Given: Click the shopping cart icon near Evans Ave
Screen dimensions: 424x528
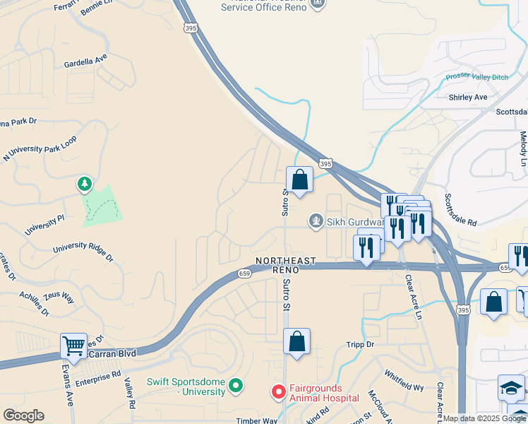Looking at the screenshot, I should pyautogui.click(x=73, y=346).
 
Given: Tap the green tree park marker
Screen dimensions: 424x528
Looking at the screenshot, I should pyautogui.click(x=85, y=184).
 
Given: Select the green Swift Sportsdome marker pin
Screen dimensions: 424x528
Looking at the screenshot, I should pyautogui.click(x=236, y=386).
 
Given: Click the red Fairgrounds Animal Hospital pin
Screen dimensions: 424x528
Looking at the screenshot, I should pyautogui.click(x=279, y=391).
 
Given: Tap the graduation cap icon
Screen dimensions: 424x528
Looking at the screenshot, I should pyautogui.click(x=511, y=388).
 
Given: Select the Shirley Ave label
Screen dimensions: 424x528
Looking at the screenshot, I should pyautogui.click(x=468, y=97).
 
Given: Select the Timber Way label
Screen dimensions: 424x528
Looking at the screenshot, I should pyautogui.click(x=257, y=420).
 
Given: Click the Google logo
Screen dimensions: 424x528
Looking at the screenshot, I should pyautogui.click(x=23, y=416).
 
